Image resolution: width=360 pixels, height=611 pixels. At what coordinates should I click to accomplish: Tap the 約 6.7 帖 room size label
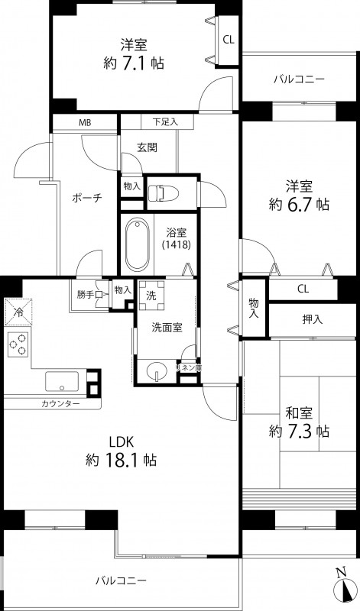297,204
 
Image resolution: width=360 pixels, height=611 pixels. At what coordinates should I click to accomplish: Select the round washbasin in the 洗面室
155,372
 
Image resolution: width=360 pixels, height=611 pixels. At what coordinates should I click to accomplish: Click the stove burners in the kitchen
17,345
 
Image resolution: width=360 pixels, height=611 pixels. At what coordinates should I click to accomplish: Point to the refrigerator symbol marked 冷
17,311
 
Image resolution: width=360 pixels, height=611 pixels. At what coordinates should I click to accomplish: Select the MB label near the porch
83,122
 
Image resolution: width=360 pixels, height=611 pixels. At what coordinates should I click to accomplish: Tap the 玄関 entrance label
147,149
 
